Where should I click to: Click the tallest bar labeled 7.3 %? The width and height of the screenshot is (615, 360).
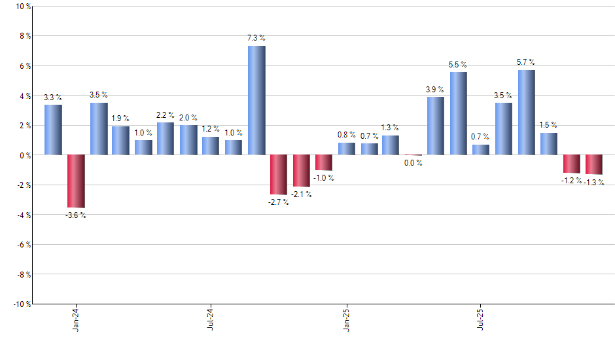[256, 100]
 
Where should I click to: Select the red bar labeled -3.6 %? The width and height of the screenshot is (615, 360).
[76, 181]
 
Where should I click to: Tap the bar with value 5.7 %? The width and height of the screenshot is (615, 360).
[527, 113]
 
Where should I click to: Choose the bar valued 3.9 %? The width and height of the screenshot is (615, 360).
[436, 126]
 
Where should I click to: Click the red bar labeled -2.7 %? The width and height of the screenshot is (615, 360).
[279, 175]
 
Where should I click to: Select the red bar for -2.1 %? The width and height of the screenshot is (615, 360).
[301, 171]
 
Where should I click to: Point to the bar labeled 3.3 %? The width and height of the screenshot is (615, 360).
[54, 130]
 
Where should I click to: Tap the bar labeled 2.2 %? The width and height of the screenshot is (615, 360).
[166, 139]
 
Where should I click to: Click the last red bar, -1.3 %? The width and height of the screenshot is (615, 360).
[594, 165]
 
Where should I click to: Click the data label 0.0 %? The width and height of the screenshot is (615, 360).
[413, 163]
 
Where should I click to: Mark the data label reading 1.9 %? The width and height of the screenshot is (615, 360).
[120, 118]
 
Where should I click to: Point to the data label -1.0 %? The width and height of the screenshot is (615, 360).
[324, 178]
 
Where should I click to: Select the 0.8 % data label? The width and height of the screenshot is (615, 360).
[347, 135]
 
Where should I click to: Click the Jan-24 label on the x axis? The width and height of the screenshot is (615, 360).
[77, 319]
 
